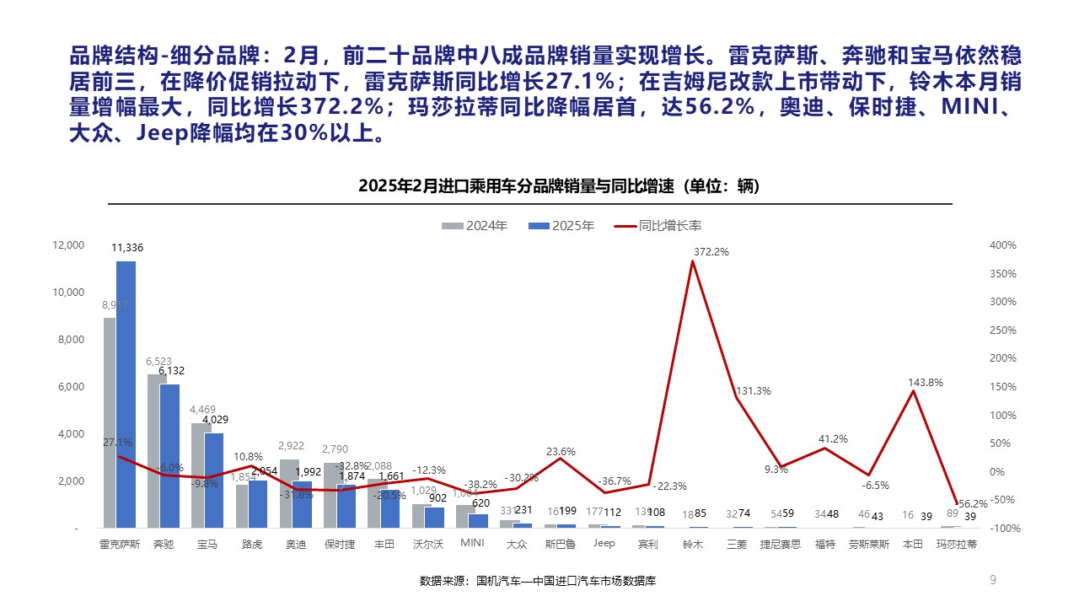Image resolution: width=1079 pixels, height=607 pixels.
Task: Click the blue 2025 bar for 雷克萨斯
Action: point(126,396)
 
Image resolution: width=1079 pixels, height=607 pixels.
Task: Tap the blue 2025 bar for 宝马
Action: point(214,481)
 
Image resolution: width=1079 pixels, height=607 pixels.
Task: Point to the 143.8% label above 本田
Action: point(925,383)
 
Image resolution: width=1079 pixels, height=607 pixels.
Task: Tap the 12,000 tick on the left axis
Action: point(69,245)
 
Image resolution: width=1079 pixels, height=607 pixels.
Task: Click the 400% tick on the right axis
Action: point(1004,245)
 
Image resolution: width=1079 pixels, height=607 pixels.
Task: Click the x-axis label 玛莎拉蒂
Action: point(957,545)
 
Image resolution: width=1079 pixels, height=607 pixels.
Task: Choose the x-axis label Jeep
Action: point(604,544)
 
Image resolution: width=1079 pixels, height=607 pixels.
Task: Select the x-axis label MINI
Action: point(472,544)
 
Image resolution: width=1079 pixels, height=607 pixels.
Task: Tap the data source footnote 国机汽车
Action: point(537,581)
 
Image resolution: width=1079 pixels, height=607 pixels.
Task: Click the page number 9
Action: point(992,579)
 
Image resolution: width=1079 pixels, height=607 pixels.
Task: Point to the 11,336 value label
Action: point(127,248)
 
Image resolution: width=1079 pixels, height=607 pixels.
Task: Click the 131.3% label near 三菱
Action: point(754,391)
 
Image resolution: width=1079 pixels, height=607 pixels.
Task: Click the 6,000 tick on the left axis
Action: point(69,387)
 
